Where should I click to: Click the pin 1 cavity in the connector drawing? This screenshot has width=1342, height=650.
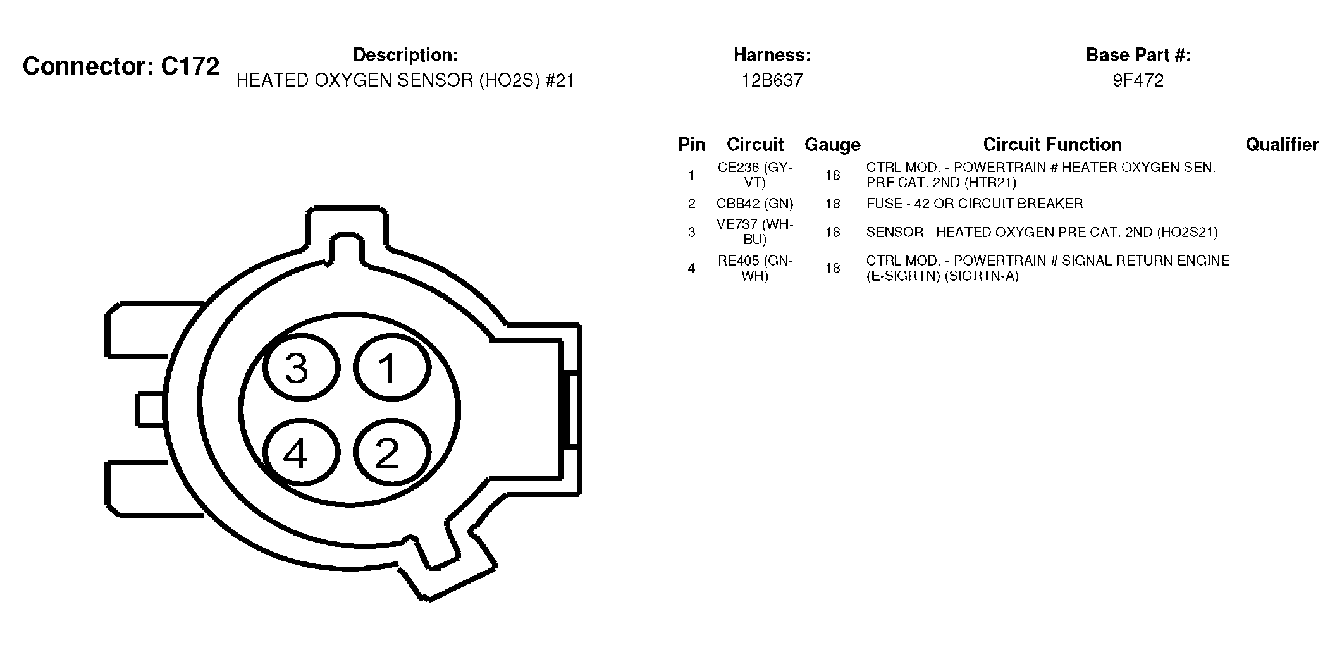click(392, 368)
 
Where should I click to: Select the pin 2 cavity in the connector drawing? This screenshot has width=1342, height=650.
click(392, 453)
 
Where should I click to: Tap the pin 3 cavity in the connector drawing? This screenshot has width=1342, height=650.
click(301, 368)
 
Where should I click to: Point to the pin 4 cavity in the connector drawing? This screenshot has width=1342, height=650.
click(301, 453)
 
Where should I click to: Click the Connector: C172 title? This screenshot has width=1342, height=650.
click(121, 66)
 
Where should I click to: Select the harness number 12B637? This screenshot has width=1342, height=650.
click(772, 80)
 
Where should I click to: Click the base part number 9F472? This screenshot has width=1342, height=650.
click(1138, 80)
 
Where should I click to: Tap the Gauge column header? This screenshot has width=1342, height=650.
click(832, 145)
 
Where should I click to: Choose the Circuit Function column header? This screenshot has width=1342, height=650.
click(1052, 145)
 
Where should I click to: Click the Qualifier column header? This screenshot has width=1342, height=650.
click(1282, 145)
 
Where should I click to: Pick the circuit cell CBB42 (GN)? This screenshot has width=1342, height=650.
click(754, 204)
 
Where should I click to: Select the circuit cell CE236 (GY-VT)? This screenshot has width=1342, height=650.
click(754, 175)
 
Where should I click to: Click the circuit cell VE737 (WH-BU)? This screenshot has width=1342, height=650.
click(754, 232)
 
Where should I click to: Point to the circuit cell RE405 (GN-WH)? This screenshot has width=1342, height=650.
click(754, 268)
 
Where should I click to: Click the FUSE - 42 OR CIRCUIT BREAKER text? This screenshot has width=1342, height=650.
click(975, 204)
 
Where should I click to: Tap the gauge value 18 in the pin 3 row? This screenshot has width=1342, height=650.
click(832, 232)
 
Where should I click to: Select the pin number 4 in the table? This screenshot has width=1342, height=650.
click(691, 268)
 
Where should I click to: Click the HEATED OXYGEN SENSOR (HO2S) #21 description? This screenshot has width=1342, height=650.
click(405, 80)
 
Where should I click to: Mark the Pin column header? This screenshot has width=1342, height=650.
click(691, 145)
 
